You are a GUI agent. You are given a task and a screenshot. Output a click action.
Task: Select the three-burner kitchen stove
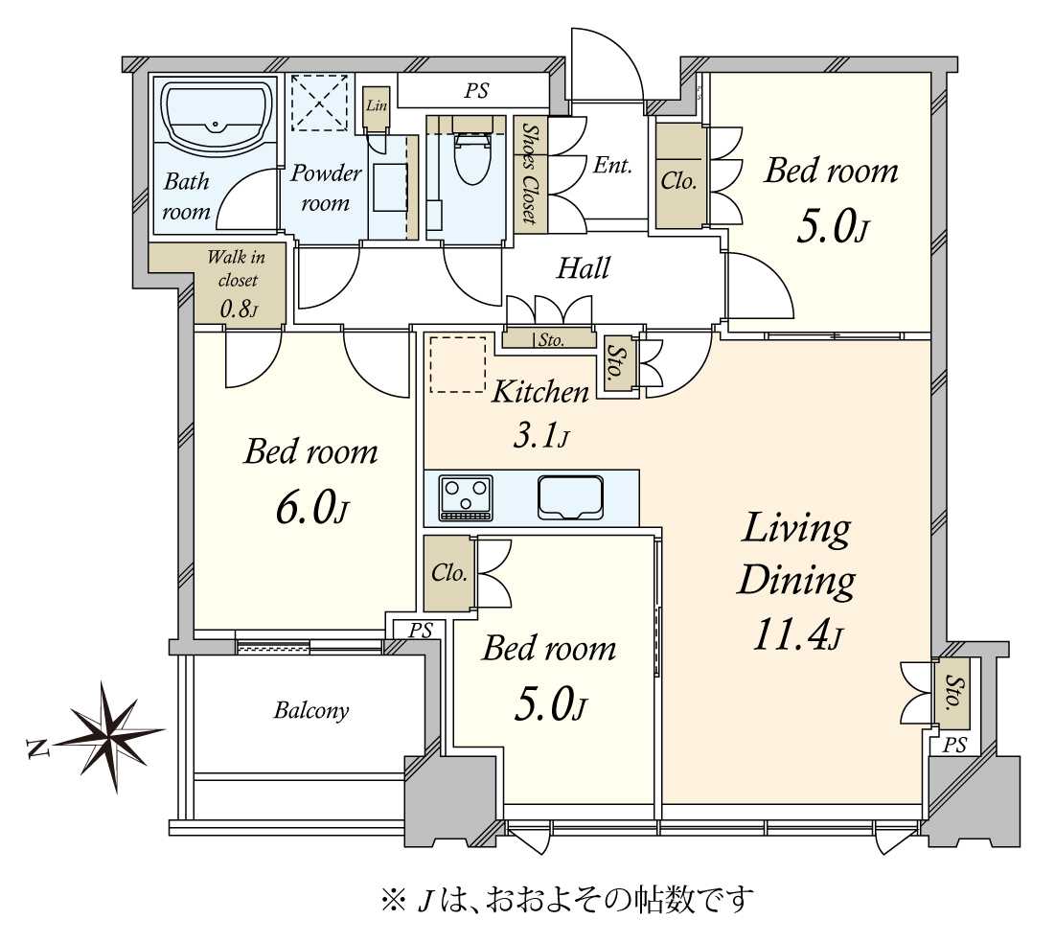tap(465, 497)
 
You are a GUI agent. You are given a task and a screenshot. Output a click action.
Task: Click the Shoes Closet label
tap(528, 173)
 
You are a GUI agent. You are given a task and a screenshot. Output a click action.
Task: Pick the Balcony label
tap(310, 711)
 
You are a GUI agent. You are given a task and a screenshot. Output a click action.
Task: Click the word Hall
tap(584, 268)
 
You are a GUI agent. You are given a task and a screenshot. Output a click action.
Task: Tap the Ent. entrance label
tap(612, 165)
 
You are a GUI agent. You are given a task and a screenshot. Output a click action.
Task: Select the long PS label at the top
tap(476, 92)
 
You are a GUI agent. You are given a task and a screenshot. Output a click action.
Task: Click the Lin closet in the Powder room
tap(376, 105)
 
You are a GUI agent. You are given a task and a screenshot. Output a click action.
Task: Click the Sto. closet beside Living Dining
tap(952, 692)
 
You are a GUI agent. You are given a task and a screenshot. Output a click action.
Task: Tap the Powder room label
tap(326, 188)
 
